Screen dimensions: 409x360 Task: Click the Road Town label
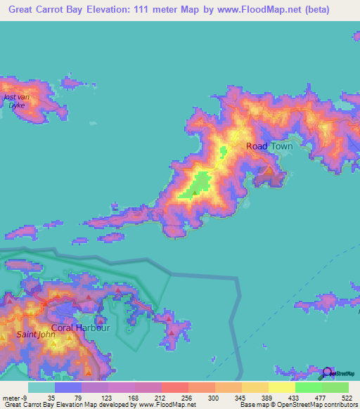269,146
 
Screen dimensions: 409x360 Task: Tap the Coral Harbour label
80,327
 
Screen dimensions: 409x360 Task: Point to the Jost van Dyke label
14,100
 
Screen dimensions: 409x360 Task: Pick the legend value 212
157,397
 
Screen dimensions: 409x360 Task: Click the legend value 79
77,397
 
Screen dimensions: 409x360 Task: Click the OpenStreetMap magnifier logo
326,372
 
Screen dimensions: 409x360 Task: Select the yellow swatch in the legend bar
282,387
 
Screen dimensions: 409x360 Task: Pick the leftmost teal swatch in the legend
41,387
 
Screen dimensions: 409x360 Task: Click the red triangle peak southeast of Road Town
268,169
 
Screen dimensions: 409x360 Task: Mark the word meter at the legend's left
11,397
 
